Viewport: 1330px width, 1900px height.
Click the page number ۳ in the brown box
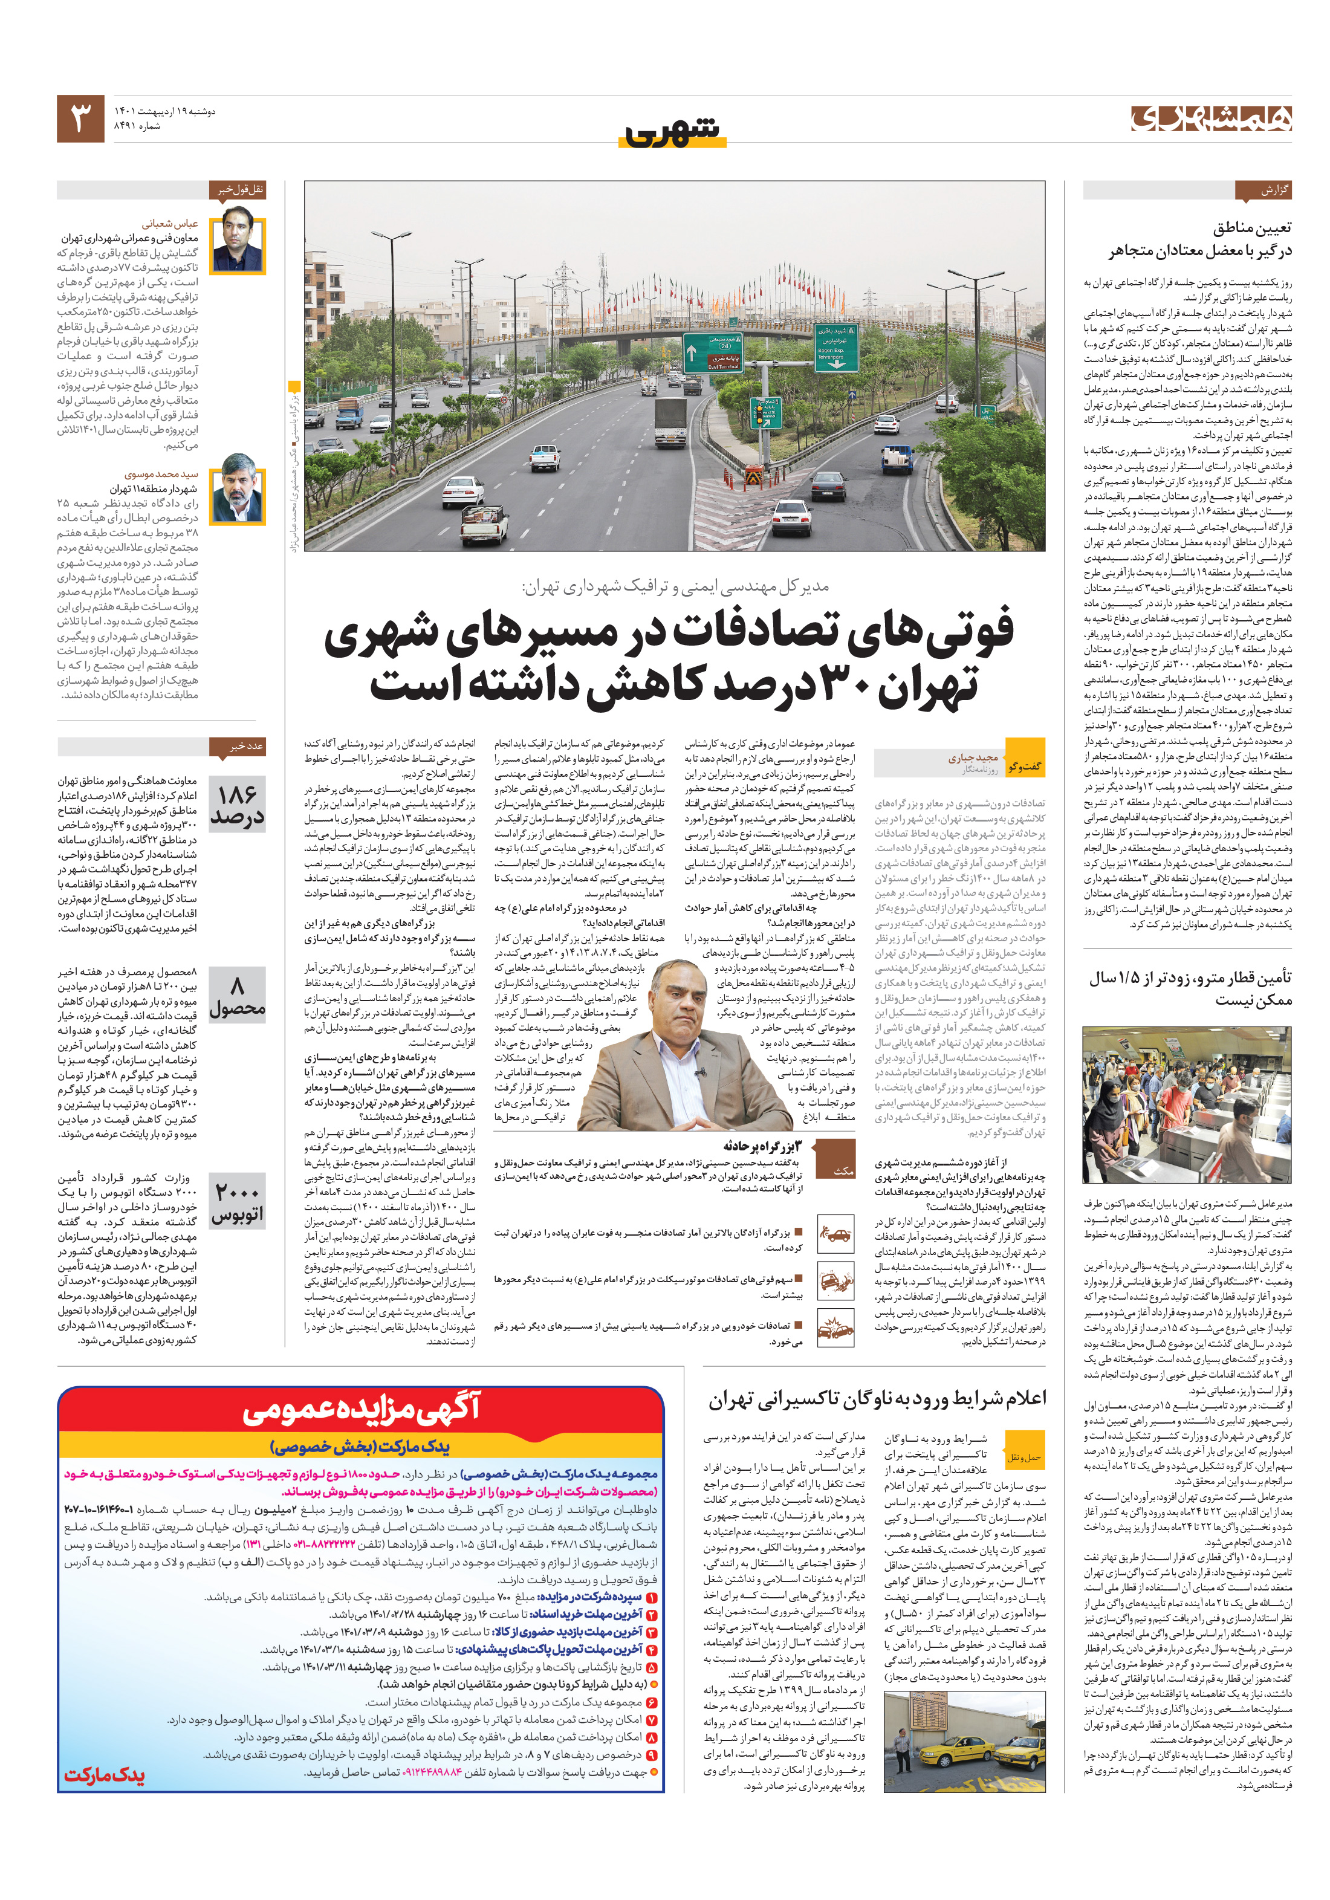[x=80, y=119]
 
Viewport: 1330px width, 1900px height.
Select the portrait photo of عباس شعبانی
[x=238, y=244]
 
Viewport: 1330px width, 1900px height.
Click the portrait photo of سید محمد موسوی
[x=238, y=495]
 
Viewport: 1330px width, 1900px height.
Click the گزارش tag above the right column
[x=1262, y=191]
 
